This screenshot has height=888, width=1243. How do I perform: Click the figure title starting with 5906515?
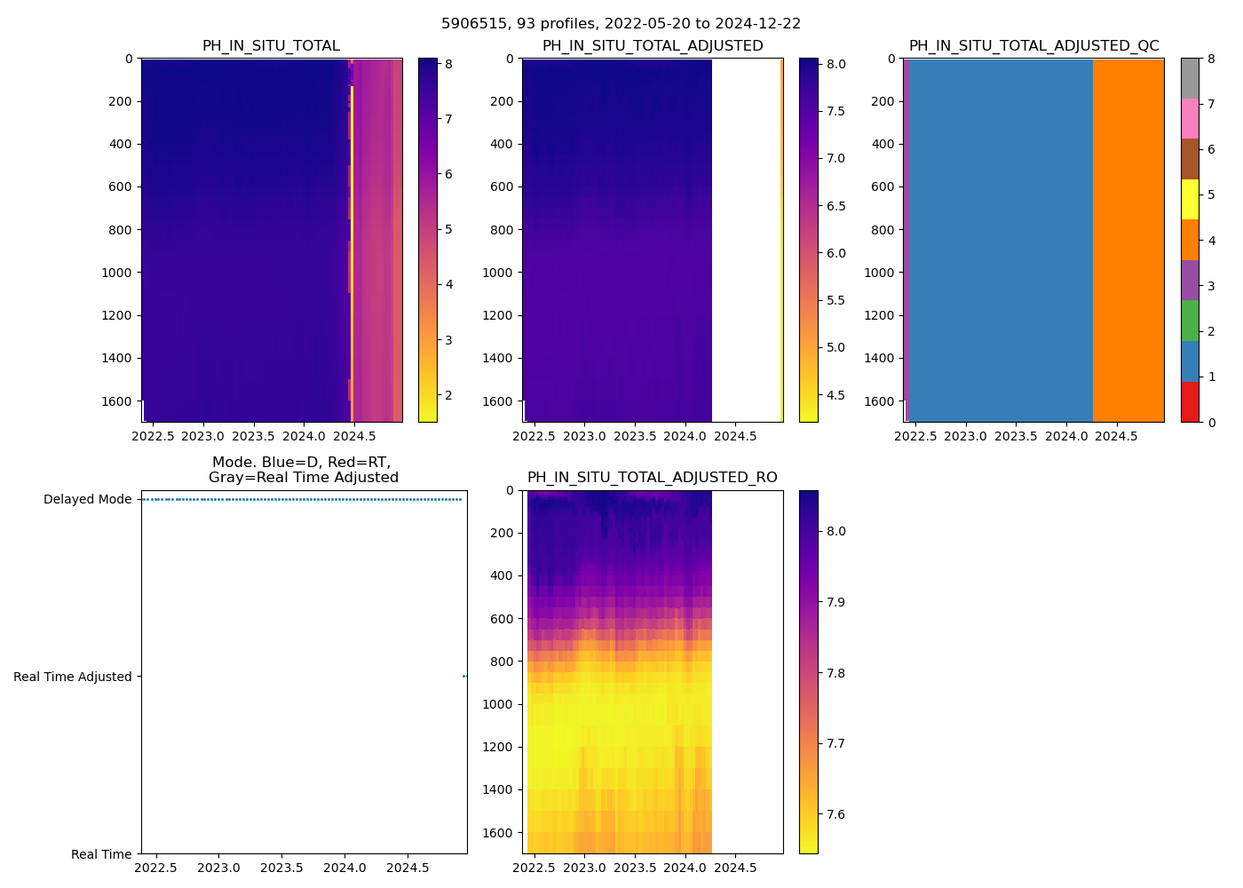(621, 24)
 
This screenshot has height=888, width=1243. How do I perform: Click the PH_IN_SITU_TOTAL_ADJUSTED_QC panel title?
(1033, 46)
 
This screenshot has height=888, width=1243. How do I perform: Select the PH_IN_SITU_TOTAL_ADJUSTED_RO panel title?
(652, 478)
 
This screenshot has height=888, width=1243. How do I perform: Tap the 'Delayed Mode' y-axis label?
(87, 499)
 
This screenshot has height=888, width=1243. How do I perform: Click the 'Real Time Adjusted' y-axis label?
(73, 677)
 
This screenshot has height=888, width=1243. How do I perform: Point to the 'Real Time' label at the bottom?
(101, 854)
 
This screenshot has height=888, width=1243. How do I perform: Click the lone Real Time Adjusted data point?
(464, 677)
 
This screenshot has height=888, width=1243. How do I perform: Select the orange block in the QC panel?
(1128, 240)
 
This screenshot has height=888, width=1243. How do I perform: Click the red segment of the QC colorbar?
(1190, 402)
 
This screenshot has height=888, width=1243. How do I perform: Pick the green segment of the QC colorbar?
(1190, 321)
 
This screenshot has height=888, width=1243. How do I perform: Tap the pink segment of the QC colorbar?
(1190, 118)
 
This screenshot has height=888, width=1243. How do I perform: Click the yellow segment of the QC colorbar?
(1190, 199)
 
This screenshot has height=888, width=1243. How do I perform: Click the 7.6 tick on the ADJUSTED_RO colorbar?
(831, 814)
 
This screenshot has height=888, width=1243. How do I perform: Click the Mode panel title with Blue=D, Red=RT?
(303, 470)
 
